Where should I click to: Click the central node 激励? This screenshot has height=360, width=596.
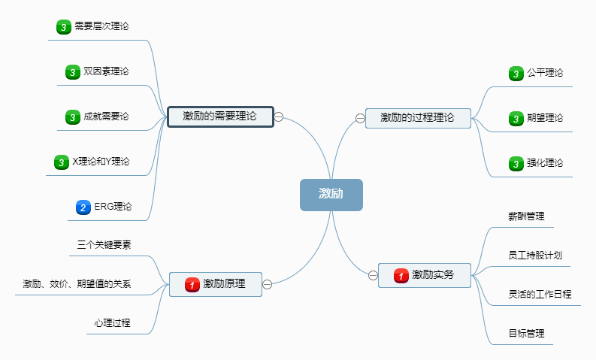tap(331, 194)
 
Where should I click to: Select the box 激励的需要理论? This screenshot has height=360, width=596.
tap(220, 116)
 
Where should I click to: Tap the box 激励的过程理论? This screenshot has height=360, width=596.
tap(418, 117)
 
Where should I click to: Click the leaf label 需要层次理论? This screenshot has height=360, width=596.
tap(101, 26)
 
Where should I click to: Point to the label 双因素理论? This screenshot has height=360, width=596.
tap(106, 71)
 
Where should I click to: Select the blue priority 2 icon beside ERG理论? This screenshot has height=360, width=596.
tap(83, 207)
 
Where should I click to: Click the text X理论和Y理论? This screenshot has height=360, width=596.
tap(101, 162)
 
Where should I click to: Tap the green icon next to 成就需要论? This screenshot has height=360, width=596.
tap(72, 117)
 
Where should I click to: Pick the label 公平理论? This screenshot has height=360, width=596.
tap(545, 73)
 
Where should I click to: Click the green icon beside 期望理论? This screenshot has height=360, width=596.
tap(516, 119)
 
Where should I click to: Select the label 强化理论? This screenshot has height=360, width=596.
tap(545, 163)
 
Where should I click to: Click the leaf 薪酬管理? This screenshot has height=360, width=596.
tap(526, 216)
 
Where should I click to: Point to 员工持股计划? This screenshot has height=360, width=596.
tap(535, 256)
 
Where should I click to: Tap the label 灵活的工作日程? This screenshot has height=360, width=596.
tap(540, 294)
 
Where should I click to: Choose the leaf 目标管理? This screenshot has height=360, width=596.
tap(526, 333)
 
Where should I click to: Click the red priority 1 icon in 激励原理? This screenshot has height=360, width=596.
tap(192, 284)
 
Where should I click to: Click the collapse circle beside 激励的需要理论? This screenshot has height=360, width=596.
tap(279, 116)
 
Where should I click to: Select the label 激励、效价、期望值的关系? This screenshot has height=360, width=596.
tap(77, 284)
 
